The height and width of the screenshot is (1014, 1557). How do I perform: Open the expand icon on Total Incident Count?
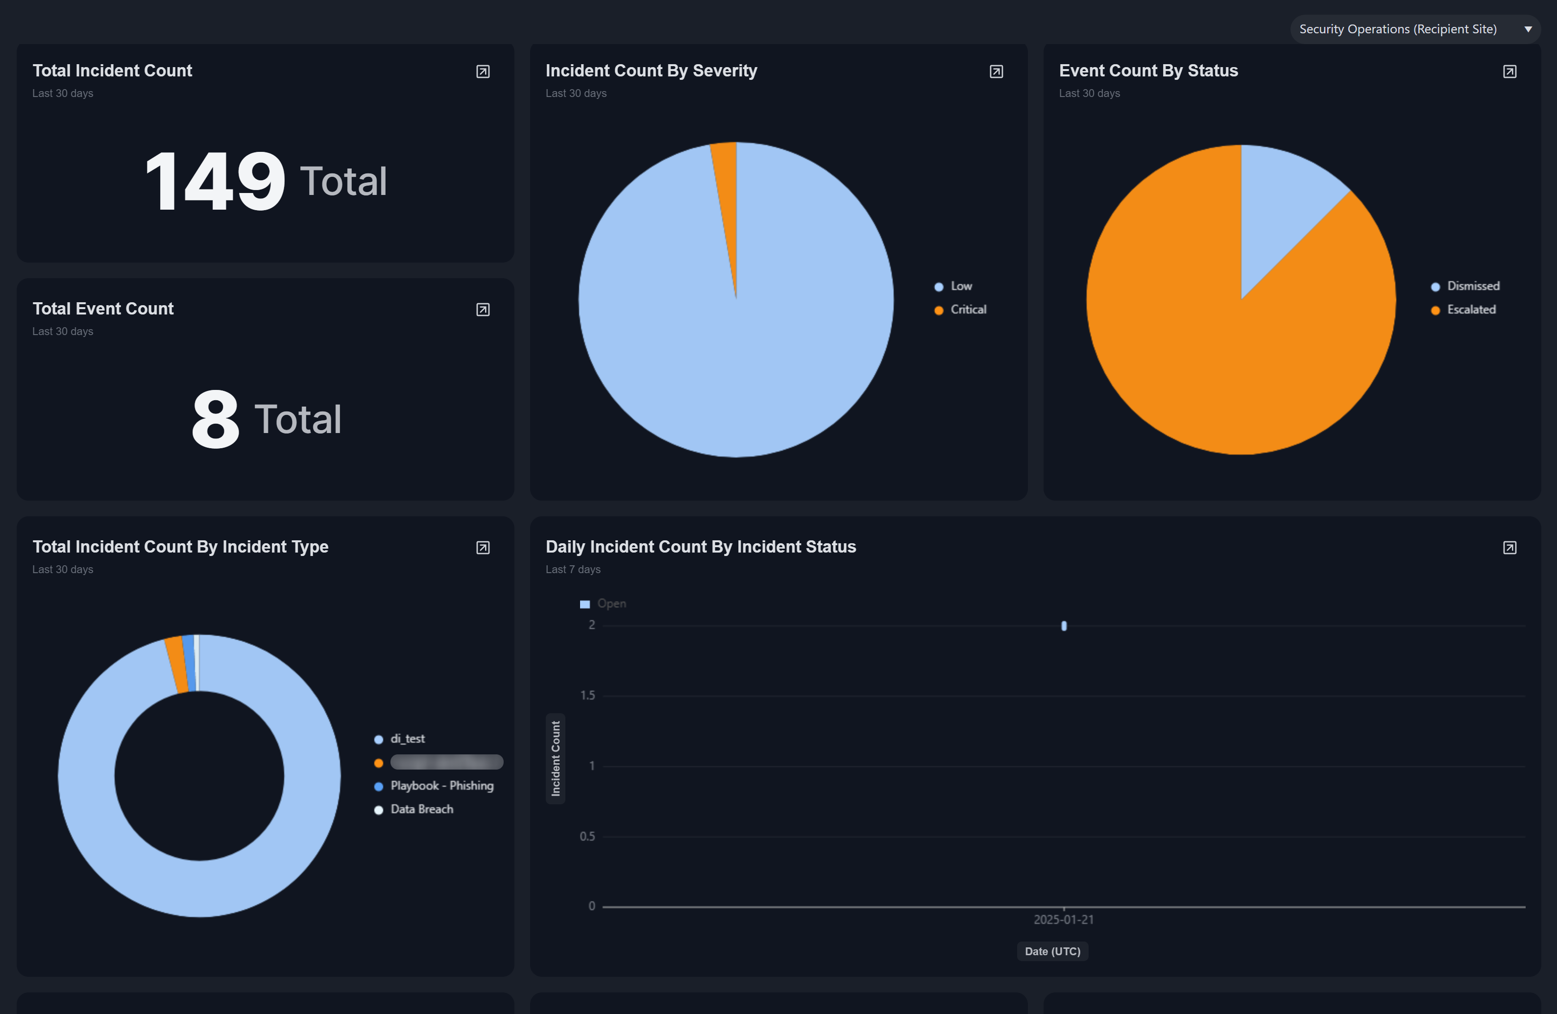coord(483,72)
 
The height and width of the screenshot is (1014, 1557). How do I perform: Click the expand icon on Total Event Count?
coord(483,310)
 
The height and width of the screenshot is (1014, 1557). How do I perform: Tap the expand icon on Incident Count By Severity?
coord(996,72)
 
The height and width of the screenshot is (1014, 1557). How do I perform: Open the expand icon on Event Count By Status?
coord(1509,72)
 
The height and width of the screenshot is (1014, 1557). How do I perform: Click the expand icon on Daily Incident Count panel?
coord(1509,548)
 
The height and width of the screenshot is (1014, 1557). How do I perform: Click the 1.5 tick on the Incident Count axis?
coord(587,696)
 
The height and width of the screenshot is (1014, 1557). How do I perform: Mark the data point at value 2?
coord(1064,626)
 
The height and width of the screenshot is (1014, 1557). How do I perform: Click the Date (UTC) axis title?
coord(1052,951)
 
